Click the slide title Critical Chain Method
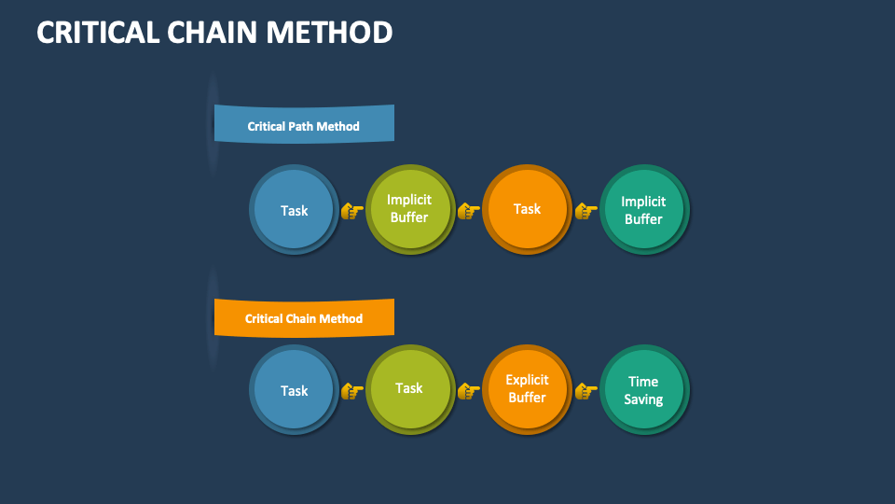point(214,32)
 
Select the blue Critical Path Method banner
point(304,124)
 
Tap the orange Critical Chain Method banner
point(304,318)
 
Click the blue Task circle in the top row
point(294,210)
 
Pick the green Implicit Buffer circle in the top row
point(409,209)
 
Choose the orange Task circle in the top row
point(527,209)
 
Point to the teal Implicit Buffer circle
point(643,210)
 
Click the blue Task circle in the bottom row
point(294,390)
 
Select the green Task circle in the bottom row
point(409,389)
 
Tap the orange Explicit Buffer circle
point(527,389)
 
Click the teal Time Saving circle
point(643,390)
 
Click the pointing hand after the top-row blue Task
point(351,211)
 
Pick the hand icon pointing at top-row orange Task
point(468,211)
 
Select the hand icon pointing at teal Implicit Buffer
point(585,211)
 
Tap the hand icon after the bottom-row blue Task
point(351,391)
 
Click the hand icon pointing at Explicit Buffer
point(468,391)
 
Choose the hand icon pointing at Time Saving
point(585,391)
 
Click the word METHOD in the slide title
point(329,32)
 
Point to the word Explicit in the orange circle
point(527,380)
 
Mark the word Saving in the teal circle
point(643,399)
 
